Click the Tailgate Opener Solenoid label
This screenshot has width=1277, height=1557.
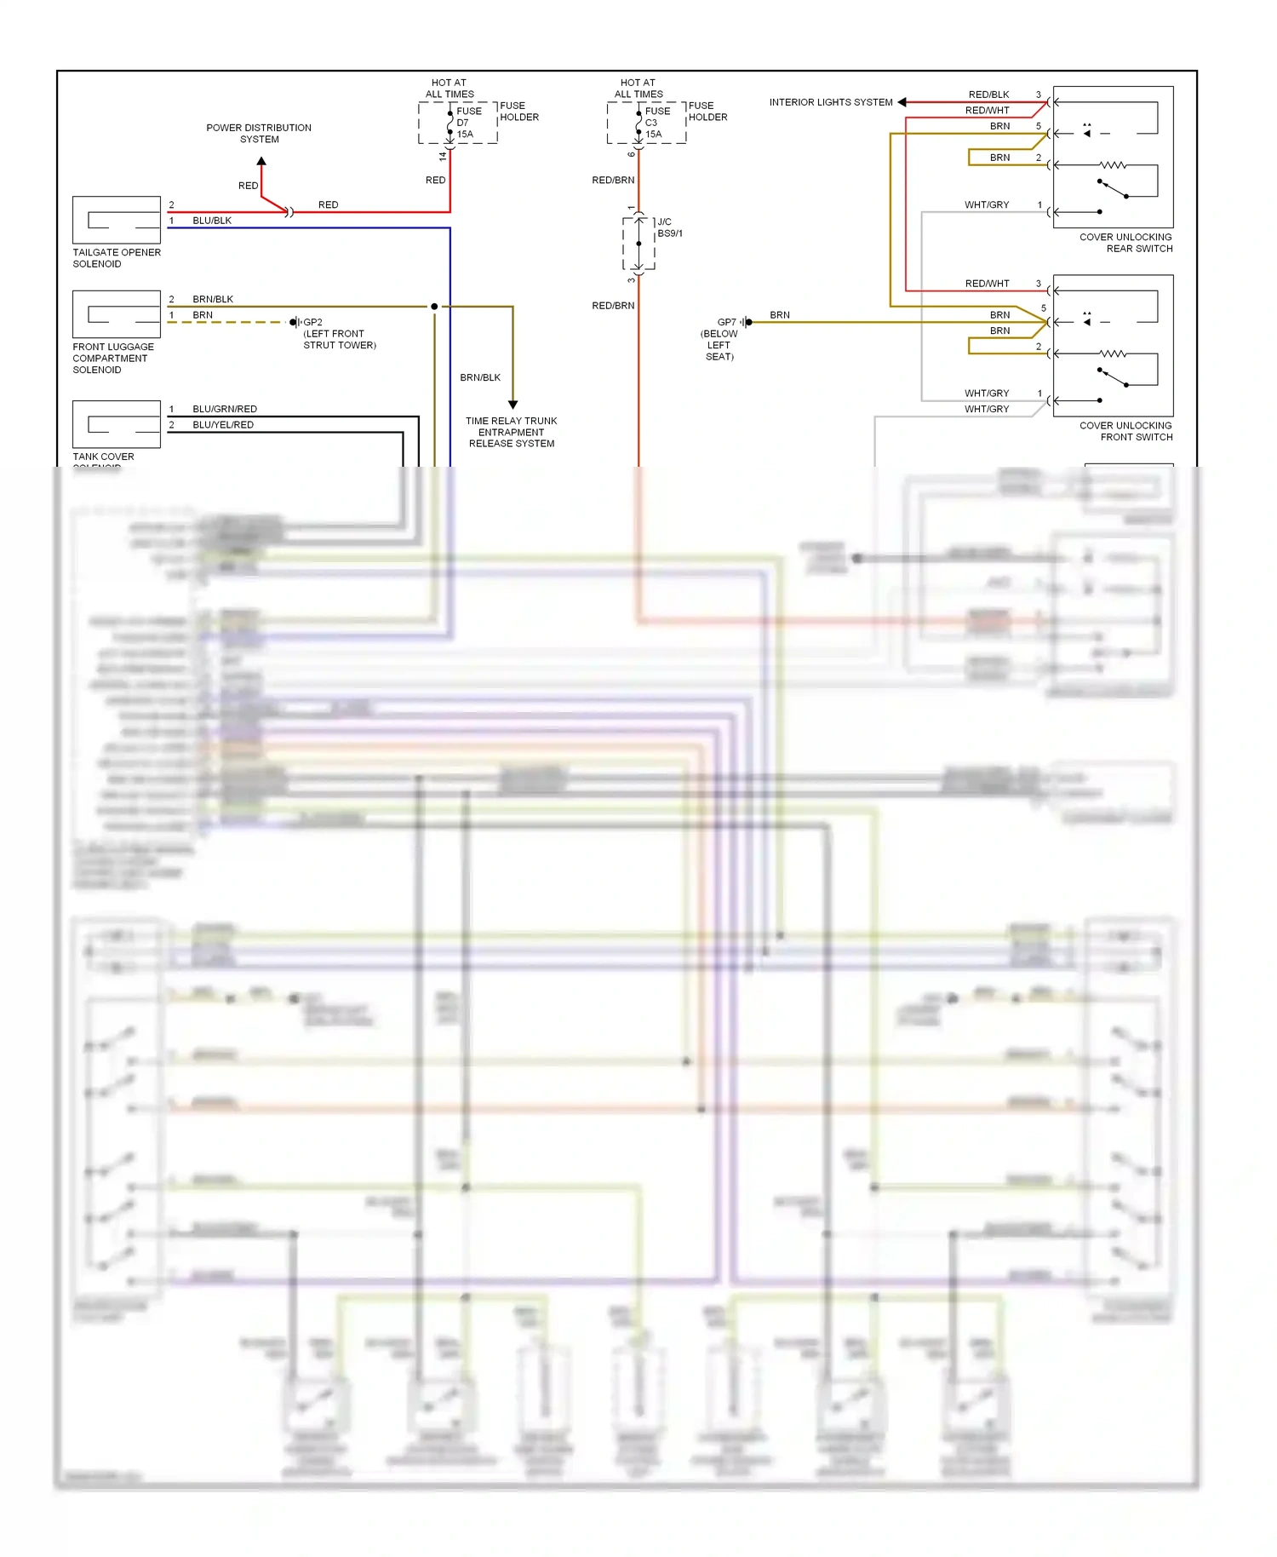pyautogui.click(x=116, y=258)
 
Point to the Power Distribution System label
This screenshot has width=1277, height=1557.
pyautogui.click(x=259, y=134)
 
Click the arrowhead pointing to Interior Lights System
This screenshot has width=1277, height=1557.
pyautogui.click(x=902, y=102)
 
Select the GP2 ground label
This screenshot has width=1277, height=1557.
pyautogui.click(x=312, y=323)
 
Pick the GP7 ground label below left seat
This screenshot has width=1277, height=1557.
pyautogui.click(x=726, y=323)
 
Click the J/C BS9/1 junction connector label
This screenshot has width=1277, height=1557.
pyautogui.click(x=669, y=227)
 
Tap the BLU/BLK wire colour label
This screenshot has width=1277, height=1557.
pyautogui.click(x=212, y=221)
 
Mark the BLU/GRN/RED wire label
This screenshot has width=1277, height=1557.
pyautogui.click(x=225, y=409)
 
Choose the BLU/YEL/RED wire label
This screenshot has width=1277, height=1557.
pyautogui.click(x=223, y=425)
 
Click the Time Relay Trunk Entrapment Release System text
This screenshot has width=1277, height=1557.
pyautogui.click(x=511, y=432)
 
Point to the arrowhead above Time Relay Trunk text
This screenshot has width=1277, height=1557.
pyautogui.click(x=513, y=405)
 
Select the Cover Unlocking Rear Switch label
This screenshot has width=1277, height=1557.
pyautogui.click(x=1125, y=243)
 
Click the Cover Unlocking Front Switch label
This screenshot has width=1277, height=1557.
pyautogui.click(x=1125, y=431)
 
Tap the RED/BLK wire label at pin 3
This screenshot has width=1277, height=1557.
pyautogui.click(x=988, y=95)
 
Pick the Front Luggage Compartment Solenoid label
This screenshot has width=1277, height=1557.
pyautogui.click(x=113, y=359)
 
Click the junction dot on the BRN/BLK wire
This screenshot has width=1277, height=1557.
pyautogui.click(x=434, y=307)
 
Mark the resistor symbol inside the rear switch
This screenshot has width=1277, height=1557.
pyautogui.click(x=1112, y=165)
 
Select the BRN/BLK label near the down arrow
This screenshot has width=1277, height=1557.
pyautogui.click(x=480, y=377)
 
